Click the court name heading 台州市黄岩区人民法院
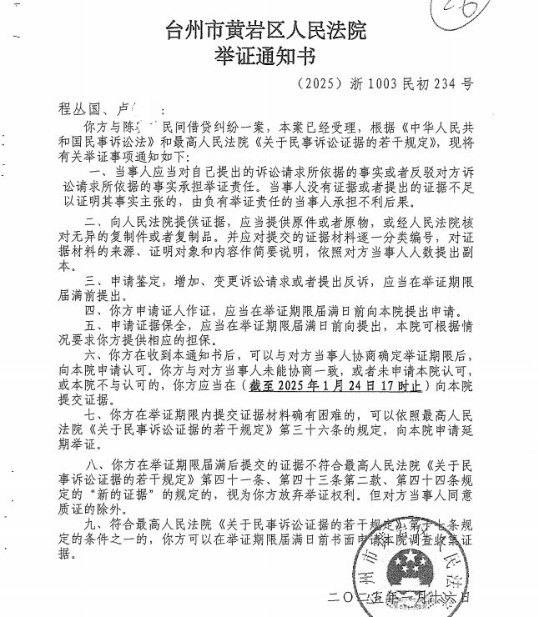point(266,33)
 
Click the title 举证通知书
point(265,58)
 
